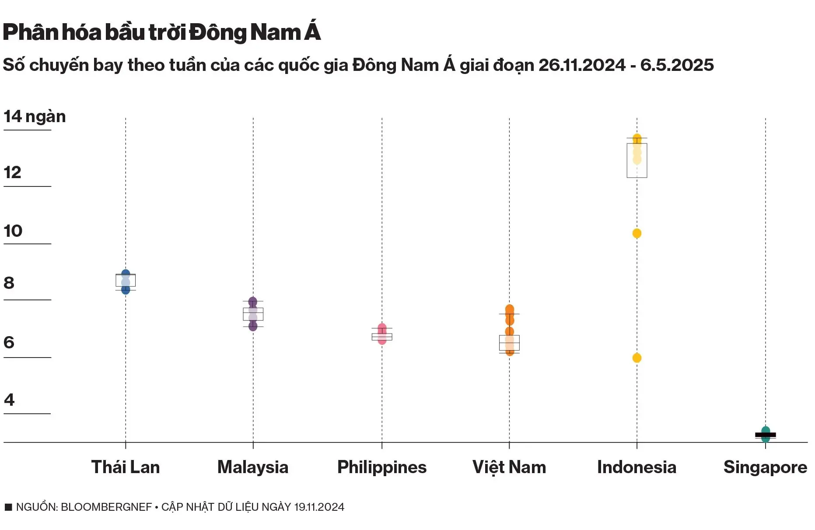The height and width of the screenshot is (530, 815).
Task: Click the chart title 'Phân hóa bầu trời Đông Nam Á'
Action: coord(162,32)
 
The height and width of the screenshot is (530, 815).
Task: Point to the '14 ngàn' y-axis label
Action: coord(35,116)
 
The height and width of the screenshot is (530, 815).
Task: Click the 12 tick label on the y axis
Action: coord(12,172)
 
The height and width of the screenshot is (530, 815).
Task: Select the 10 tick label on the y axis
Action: coord(13,231)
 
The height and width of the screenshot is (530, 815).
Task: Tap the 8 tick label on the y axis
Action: coord(9,283)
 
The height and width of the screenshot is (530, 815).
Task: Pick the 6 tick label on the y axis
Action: coord(9,342)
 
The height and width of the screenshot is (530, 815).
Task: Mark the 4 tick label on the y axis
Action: coord(9,400)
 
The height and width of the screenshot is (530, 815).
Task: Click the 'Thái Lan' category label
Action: coord(126,467)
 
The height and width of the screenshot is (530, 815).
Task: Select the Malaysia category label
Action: coord(253,467)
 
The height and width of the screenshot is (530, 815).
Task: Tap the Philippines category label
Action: coord(381,467)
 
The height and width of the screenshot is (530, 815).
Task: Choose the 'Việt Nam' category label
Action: coord(509,467)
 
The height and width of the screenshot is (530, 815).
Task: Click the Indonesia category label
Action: coord(637,467)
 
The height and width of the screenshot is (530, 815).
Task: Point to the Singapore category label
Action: coord(765,467)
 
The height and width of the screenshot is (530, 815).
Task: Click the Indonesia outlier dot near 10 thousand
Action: coord(637,233)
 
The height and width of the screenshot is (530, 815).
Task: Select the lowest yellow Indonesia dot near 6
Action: coord(637,358)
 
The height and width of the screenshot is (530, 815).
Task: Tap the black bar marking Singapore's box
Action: coord(766,435)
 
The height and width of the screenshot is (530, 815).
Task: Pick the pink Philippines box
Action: coord(382,337)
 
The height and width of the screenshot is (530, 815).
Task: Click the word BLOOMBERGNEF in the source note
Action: coord(106,507)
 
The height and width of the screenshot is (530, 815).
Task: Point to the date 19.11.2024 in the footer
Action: coord(319,507)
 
